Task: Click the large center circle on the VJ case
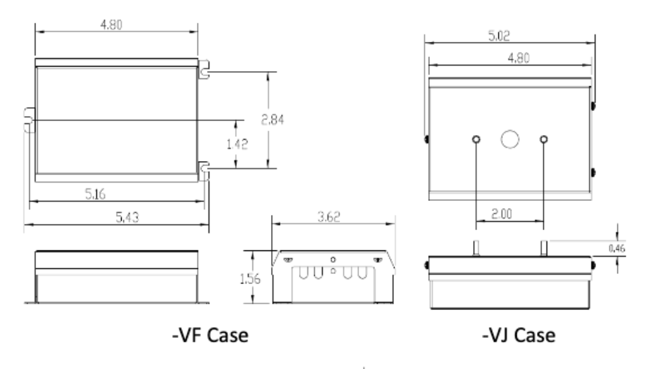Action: click(509, 139)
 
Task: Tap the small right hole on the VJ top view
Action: click(543, 139)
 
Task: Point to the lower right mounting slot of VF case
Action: click(205, 168)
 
